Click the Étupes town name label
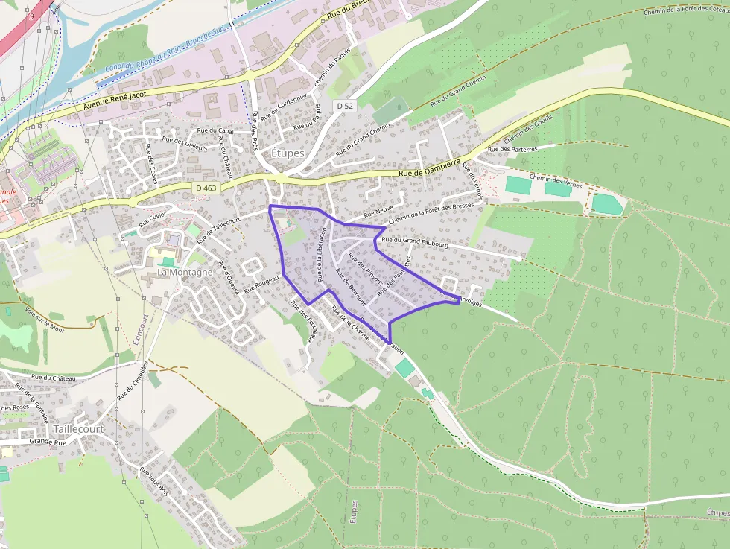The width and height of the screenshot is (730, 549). pos(288,153)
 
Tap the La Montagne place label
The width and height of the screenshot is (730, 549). pos(185,273)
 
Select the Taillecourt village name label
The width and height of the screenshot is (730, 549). pos(78,429)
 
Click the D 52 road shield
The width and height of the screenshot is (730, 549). pos(344,106)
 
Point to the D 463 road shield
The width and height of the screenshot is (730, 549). pos(206,188)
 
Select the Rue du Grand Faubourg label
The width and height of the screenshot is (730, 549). pos(414,242)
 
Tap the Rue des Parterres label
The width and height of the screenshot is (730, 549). pos(512,149)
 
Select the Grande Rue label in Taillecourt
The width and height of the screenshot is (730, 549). pos(48,442)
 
